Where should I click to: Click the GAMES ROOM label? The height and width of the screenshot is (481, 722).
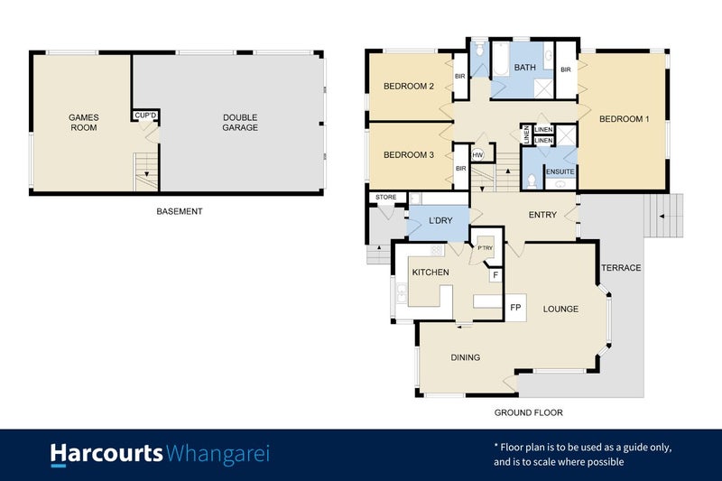(83, 122)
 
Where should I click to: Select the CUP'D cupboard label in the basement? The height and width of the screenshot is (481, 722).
(145, 116)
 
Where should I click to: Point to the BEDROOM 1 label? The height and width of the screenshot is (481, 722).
(625, 119)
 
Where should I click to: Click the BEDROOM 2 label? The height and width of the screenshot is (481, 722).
(409, 87)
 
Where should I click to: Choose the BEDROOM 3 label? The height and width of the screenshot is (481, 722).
(409, 155)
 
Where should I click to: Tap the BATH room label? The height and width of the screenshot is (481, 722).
(524, 69)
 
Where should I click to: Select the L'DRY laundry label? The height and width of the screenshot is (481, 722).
(440, 221)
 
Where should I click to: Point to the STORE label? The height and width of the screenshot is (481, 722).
(386, 197)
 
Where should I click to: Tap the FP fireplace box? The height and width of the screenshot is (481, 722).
(516, 308)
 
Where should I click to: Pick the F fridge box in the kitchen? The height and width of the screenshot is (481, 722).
(495, 276)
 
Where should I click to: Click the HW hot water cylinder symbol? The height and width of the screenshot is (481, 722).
(477, 155)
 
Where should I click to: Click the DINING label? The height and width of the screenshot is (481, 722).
(465, 357)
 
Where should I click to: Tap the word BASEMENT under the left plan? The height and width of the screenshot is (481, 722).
(180, 212)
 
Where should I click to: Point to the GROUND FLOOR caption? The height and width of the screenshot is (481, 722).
(528, 412)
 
